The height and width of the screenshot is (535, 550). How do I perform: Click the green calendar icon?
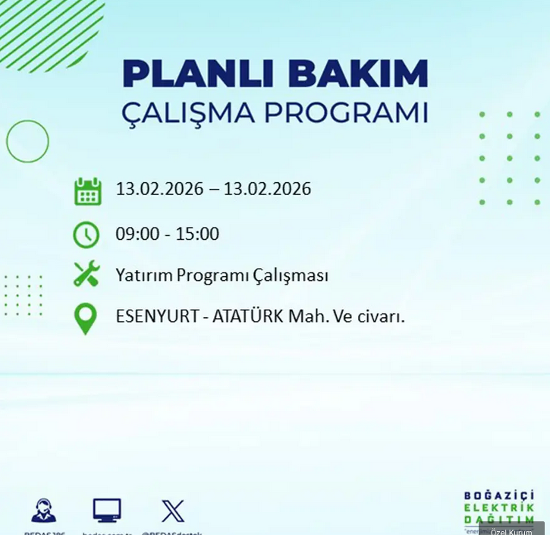pyautogui.click(x=87, y=190)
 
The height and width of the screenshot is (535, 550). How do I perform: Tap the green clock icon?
pyautogui.click(x=86, y=234)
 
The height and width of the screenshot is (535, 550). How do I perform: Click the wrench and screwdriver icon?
pyautogui.click(x=86, y=274)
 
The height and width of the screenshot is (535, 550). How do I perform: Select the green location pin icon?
pyautogui.click(x=86, y=319)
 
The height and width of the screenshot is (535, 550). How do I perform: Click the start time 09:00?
pyautogui.click(x=137, y=234)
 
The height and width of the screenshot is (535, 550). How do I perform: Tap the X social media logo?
pyautogui.click(x=173, y=511)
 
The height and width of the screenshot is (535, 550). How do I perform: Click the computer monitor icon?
pyautogui.click(x=107, y=510)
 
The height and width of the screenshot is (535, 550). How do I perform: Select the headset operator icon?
pyautogui.click(x=43, y=511)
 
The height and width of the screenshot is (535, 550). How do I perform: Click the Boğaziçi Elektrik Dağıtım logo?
pyautogui.click(x=498, y=507)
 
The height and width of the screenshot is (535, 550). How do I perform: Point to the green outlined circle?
pyautogui.click(x=27, y=141)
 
